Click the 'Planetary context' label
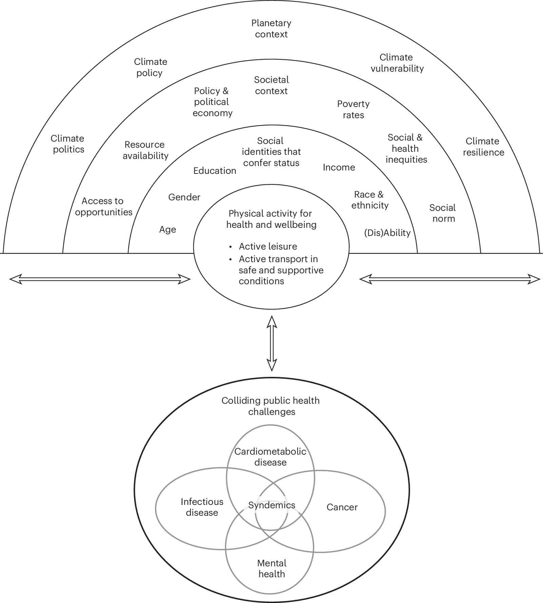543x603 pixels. (271, 29)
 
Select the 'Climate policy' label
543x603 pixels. (150, 67)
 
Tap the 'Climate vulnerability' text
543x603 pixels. (397, 63)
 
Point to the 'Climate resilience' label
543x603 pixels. (483, 147)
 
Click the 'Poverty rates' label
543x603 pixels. (353, 109)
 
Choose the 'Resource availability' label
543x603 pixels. (145, 150)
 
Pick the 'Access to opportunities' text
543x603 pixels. (103, 206)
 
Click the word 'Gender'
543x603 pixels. (184, 197)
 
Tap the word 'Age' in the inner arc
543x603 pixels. (168, 230)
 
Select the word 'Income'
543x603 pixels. (339, 167)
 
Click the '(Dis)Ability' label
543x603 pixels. (387, 233)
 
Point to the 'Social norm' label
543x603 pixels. (443, 213)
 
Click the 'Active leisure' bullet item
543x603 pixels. (268, 246)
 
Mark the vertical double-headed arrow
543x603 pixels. (272, 343)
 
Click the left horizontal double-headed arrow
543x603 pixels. (100, 279)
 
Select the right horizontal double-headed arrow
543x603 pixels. (449, 279)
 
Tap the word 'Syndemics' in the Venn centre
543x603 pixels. (272, 505)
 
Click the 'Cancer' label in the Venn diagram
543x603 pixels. (342, 507)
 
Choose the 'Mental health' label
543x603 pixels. (272, 568)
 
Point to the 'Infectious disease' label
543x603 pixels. (202, 507)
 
